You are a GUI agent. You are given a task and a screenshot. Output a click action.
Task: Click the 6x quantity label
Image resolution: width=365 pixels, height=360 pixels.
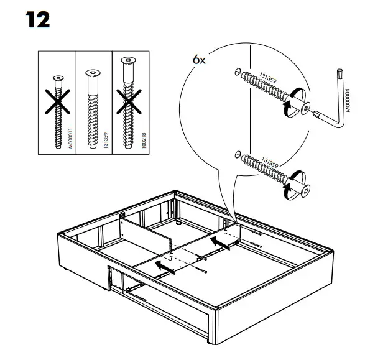pyautogui.click(x=198, y=60)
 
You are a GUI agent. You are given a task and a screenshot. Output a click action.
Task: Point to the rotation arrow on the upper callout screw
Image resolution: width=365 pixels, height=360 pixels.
pyautogui.click(x=287, y=110)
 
